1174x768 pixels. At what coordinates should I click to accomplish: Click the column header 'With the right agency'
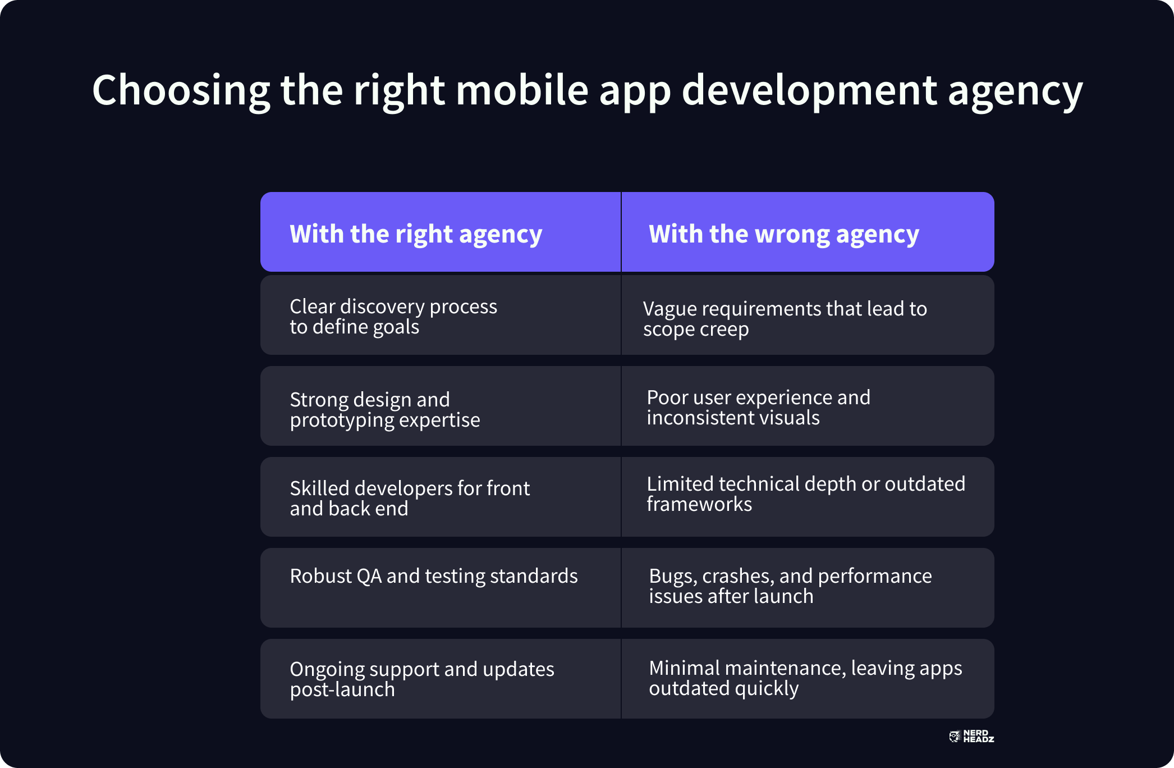pos(416,234)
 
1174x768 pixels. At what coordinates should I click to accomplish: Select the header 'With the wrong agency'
pos(784,234)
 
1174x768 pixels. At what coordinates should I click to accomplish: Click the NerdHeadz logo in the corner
pos(971,737)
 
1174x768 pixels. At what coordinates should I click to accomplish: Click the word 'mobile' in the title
pos(522,90)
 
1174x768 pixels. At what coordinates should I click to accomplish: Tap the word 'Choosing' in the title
pos(181,92)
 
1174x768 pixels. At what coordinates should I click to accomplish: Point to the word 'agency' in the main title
pos(1015,93)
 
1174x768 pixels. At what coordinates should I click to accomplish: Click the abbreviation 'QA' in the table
pos(368,577)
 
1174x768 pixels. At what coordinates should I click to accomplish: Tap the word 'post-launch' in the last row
pos(342,690)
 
